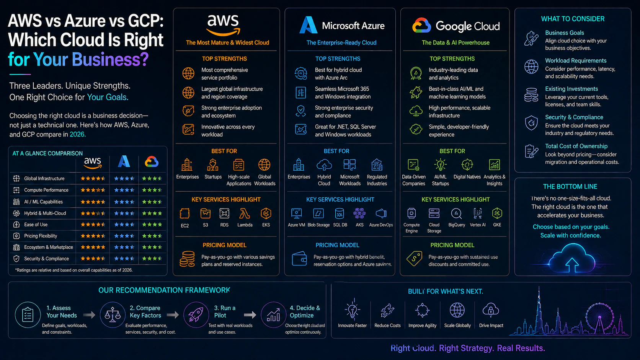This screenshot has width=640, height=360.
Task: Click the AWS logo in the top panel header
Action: coord(223,24)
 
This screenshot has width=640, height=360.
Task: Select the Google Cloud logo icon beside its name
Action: coord(421,26)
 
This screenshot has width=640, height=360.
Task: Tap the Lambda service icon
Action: coord(245,213)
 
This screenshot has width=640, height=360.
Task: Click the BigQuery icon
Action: coord(456,213)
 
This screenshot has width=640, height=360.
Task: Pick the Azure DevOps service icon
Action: coord(381,213)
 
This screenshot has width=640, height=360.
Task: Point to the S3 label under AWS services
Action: coord(206,225)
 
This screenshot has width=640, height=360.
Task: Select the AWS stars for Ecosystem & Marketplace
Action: coord(93,247)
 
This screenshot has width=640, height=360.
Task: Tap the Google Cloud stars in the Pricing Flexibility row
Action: coord(152,236)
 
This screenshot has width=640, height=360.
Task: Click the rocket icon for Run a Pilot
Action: coord(196,315)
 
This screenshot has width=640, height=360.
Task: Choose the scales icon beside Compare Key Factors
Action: coord(113,315)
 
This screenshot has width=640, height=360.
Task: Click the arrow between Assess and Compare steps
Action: coord(89,315)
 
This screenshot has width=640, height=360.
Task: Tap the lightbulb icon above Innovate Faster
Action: coord(352,310)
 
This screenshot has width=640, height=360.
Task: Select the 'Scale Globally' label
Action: coord(457,326)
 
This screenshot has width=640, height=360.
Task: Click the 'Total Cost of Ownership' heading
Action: coord(576,146)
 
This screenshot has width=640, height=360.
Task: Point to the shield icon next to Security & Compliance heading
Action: coord(531,123)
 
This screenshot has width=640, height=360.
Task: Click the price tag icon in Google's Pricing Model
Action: coord(414,259)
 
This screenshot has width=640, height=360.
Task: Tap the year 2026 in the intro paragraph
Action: coord(77,134)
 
